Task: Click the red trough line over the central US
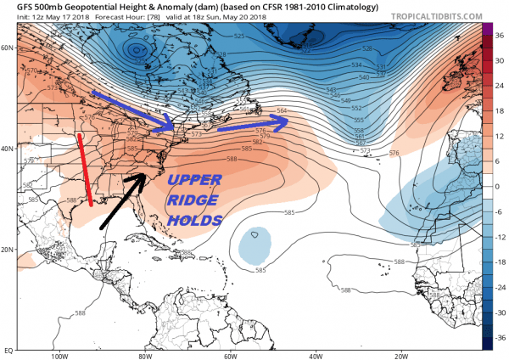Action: click(x=85, y=170)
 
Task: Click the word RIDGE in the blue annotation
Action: click(x=193, y=201)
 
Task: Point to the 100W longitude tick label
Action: click(x=58, y=356)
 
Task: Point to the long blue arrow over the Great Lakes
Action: click(x=131, y=109)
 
